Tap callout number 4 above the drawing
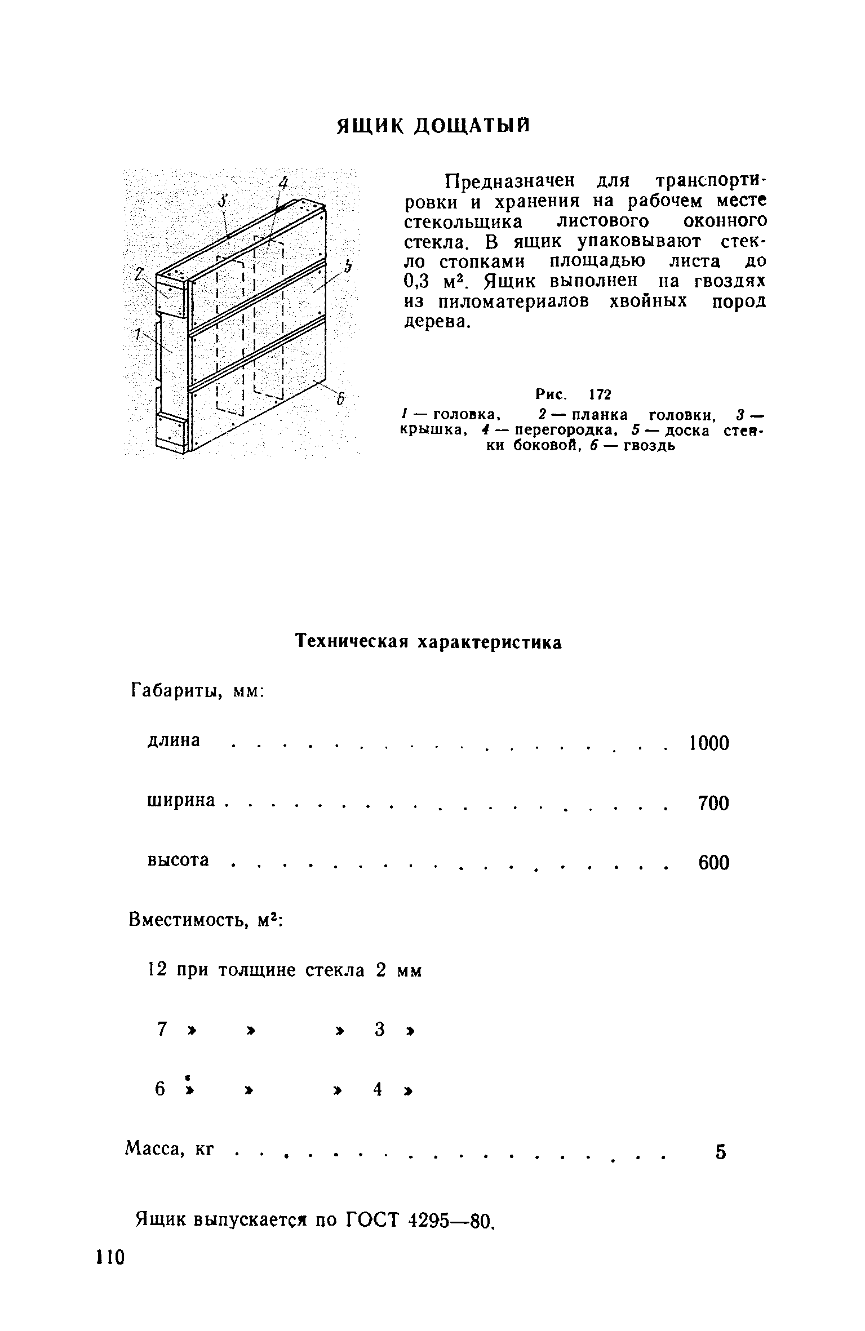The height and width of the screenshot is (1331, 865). pyautogui.click(x=284, y=183)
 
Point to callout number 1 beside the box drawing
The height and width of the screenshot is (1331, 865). pyautogui.click(x=137, y=334)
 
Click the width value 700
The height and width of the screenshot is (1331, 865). pyautogui.click(x=713, y=803)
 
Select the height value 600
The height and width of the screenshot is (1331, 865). pyautogui.click(x=713, y=863)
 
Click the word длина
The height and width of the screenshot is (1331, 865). pyautogui.click(x=174, y=740)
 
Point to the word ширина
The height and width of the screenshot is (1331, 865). pyautogui.click(x=181, y=800)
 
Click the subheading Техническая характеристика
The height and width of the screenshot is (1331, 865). pyautogui.click(x=429, y=642)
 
